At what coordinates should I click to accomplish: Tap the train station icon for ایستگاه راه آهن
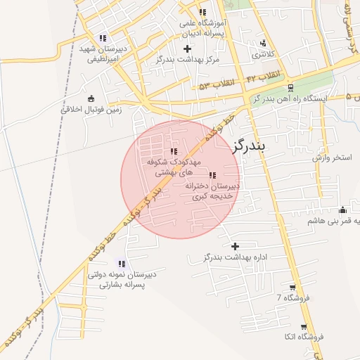(x=290, y=87)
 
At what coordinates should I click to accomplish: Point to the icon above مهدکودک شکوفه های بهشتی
(x=174, y=151)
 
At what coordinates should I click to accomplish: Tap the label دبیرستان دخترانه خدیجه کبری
(x=212, y=191)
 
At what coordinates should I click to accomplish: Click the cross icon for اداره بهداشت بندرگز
(x=235, y=246)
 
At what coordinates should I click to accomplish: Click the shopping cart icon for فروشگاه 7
(x=292, y=288)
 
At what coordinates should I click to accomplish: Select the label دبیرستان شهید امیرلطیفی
(x=105, y=54)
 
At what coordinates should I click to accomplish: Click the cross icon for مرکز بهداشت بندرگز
(x=187, y=49)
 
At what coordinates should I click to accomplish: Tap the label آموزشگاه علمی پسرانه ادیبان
(x=202, y=27)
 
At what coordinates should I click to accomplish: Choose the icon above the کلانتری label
(x=264, y=43)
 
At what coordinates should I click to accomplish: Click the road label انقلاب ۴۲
(x=265, y=75)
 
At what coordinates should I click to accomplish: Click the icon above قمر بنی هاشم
(x=342, y=209)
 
